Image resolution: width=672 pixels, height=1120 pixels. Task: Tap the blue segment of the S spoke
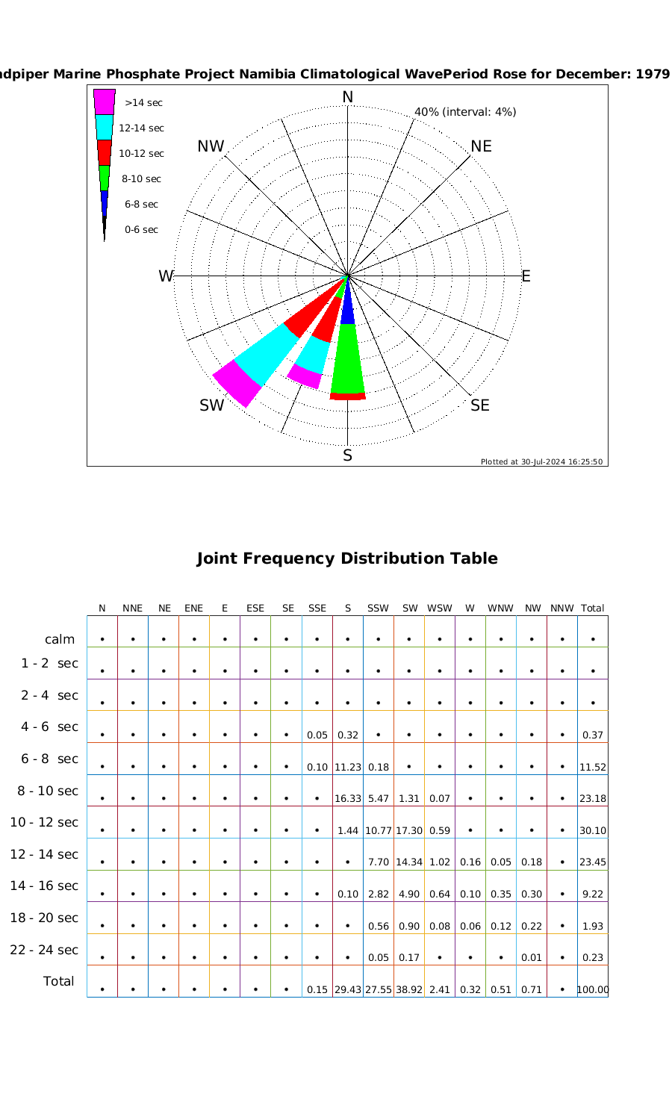(x=348, y=311)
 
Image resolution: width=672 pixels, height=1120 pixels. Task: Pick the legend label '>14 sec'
(x=143, y=103)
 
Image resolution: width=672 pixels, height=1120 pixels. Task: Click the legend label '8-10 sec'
(x=141, y=179)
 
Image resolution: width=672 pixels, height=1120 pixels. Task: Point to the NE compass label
(x=482, y=146)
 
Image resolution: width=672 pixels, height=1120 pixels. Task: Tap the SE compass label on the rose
(x=480, y=405)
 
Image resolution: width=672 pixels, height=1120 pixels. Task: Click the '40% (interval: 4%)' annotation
(x=465, y=112)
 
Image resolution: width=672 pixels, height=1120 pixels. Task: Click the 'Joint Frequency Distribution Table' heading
(x=346, y=559)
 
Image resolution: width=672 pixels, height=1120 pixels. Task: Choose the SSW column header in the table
(x=378, y=609)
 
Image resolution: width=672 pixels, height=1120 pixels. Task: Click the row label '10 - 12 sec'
(x=44, y=822)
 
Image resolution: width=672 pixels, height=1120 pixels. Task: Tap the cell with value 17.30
(x=409, y=830)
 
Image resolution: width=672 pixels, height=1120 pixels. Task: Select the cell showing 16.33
(x=348, y=799)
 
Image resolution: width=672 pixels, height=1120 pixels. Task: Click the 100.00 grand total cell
(x=593, y=990)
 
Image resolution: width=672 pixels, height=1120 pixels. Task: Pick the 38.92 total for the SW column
(x=409, y=990)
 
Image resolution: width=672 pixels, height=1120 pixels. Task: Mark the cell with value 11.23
(x=348, y=767)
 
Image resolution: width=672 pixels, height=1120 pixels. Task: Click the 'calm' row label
(x=60, y=639)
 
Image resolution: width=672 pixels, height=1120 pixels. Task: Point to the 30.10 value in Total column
(x=593, y=830)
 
